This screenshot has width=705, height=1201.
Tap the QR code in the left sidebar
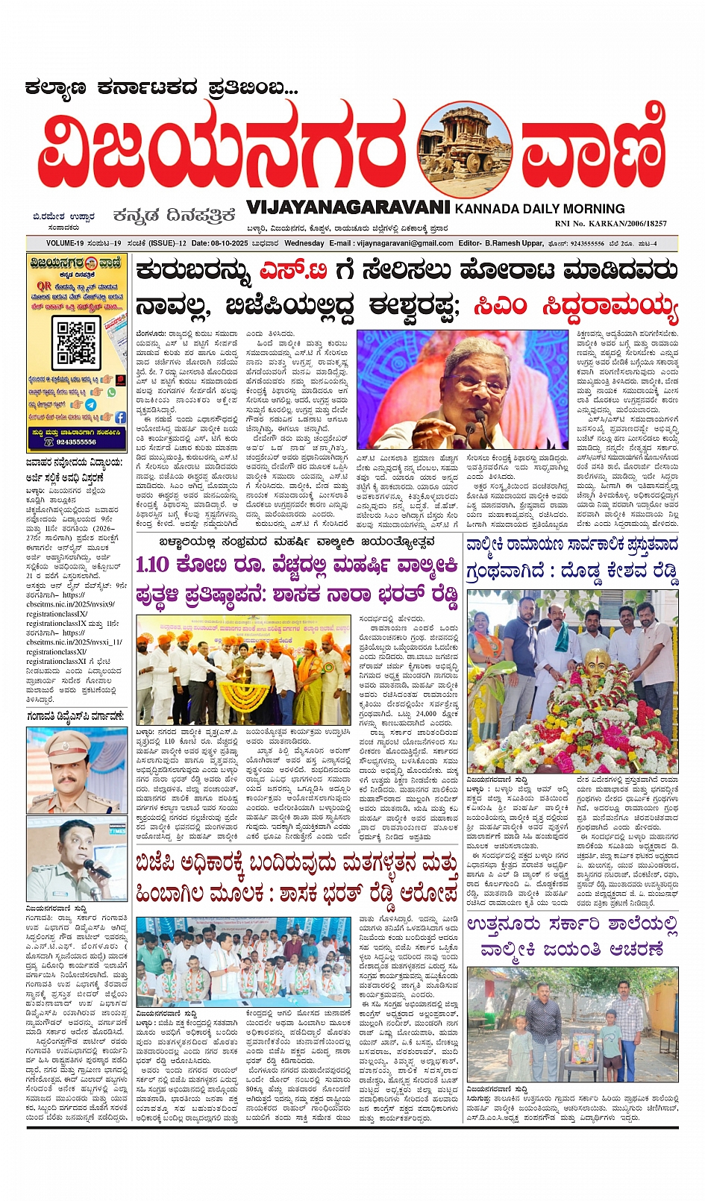[x=76, y=341]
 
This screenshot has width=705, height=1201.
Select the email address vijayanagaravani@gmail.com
[x=405, y=243]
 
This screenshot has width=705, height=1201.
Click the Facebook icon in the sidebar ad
[x=119, y=417]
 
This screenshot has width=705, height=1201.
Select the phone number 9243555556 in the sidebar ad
[x=78, y=442]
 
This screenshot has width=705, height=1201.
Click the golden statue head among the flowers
[x=595, y=661]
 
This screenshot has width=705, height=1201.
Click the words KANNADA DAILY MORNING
[x=539, y=209]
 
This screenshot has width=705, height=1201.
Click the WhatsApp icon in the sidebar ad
[x=112, y=392]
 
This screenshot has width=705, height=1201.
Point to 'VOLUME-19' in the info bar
[x=64, y=243]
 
